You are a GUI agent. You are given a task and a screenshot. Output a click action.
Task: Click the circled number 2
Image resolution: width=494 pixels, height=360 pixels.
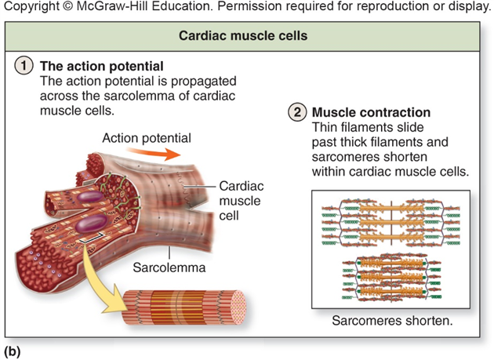click(299, 113)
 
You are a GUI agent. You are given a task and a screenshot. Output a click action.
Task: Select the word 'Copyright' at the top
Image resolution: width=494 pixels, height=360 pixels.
click(30, 8)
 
